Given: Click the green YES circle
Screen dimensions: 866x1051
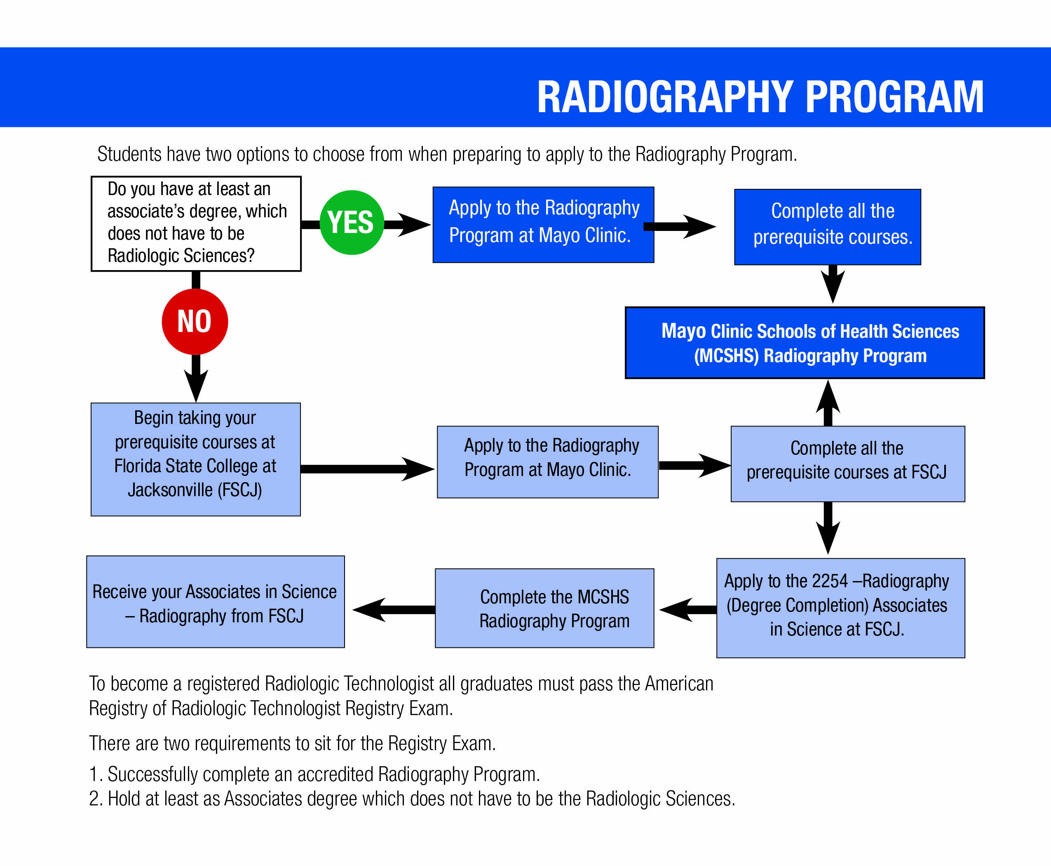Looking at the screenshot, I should click(352, 223).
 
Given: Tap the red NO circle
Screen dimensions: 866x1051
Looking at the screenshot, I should click(195, 322).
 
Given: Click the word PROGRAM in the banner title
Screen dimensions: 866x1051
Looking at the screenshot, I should click(894, 97).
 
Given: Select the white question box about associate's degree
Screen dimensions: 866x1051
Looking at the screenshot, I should click(196, 224).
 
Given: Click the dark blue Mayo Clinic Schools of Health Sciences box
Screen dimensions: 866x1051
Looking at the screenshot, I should click(805, 343).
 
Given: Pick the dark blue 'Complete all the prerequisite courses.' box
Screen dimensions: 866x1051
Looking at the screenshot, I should click(827, 227).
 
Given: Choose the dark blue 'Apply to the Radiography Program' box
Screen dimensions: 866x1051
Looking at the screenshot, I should click(543, 224).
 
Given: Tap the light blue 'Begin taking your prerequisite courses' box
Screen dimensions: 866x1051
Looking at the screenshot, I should click(195, 459).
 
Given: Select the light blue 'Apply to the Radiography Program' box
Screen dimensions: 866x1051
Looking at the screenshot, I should click(547, 461).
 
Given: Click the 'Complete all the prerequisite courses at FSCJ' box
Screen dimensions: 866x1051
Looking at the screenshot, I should click(847, 464).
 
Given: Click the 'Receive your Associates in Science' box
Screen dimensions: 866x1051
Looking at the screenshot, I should click(216, 602).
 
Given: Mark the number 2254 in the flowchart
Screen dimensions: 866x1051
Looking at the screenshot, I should click(830, 581).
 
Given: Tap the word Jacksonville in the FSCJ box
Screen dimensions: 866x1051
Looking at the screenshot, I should click(170, 490).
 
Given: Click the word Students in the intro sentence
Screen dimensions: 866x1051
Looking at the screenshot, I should click(129, 154).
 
